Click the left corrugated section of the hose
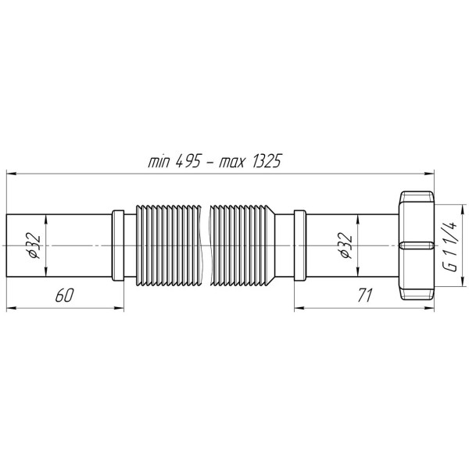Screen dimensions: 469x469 167,245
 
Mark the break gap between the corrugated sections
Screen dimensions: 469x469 207,245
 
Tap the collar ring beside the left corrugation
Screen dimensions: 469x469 118,245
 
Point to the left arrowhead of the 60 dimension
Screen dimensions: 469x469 10,307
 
